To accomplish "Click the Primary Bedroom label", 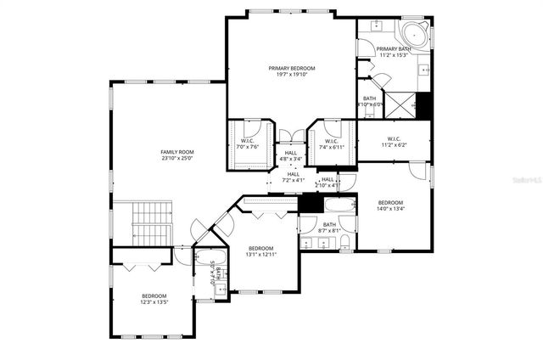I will pyautogui.click(x=292, y=68).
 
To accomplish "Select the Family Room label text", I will pyautogui.click(x=178, y=152).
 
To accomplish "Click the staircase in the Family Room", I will pyautogui.click(x=152, y=222).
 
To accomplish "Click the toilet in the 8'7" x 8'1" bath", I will pyautogui.click(x=344, y=244).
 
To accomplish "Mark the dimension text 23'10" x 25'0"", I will pyautogui.click(x=178, y=158).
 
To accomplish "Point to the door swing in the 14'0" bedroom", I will pyautogui.click(x=419, y=172).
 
